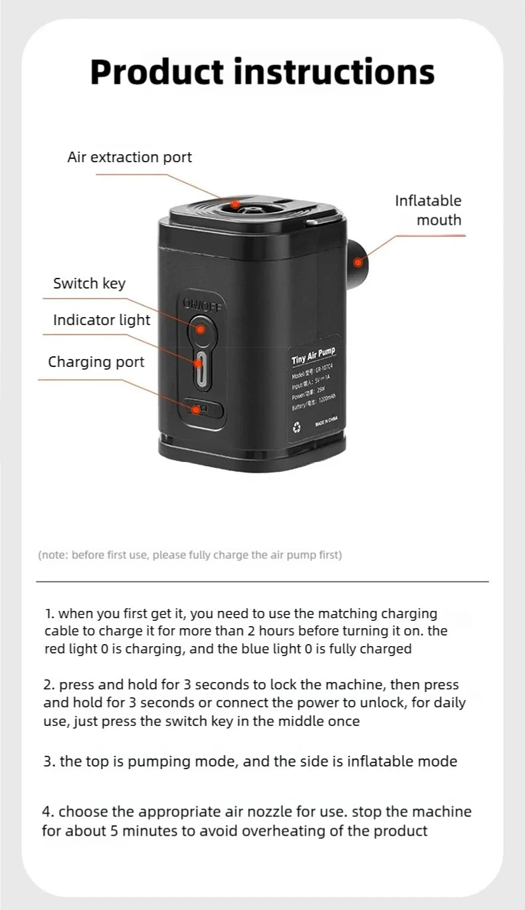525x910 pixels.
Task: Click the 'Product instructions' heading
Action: (262, 72)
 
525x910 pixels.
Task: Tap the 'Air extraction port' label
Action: (130, 158)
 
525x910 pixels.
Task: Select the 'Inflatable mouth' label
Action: (427, 210)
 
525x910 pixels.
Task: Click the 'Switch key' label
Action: (89, 284)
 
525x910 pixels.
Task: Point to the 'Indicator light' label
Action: (102, 320)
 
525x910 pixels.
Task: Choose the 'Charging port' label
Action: (96, 362)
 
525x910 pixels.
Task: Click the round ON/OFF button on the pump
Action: (200, 328)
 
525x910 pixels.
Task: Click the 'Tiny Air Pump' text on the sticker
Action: (314, 356)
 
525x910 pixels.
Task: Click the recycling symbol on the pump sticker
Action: (297, 428)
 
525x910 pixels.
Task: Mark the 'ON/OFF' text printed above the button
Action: (203, 304)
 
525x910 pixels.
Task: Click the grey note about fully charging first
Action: (190, 555)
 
